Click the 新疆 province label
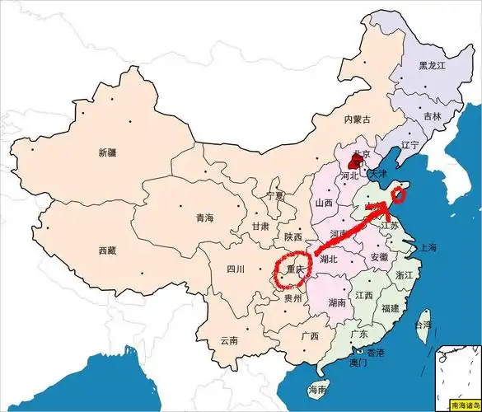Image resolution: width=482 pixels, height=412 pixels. (x=107, y=152)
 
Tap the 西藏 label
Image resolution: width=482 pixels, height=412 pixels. (x=107, y=250)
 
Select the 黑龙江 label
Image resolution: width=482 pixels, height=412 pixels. (x=432, y=65)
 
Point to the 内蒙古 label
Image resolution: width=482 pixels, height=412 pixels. (x=358, y=119)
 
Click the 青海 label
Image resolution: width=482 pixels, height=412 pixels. (x=204, y=218)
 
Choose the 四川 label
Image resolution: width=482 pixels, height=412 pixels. (x=236, y=269)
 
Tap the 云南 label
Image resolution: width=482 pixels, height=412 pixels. (x=229, y=339)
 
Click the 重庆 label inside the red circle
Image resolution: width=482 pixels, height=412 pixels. (x=295, y=269)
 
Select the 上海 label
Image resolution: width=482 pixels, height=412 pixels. (x=428, y=247)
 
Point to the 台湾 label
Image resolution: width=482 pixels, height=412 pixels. (x=422, y=325)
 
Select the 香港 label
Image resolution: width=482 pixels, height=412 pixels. (x=375, y=353)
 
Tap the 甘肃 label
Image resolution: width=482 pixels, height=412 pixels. (x=260, y=226)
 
